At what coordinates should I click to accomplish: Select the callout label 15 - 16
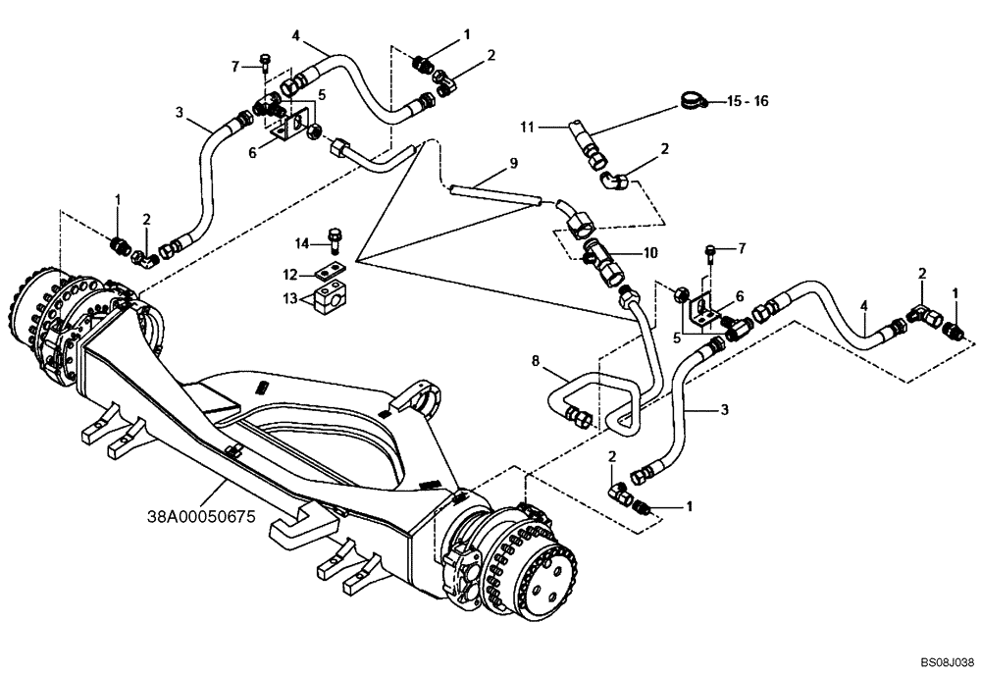(x=749, y=101)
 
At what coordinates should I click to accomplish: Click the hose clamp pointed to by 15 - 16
(x=692, y=100)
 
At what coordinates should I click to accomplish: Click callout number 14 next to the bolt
(x=304, y=242)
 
